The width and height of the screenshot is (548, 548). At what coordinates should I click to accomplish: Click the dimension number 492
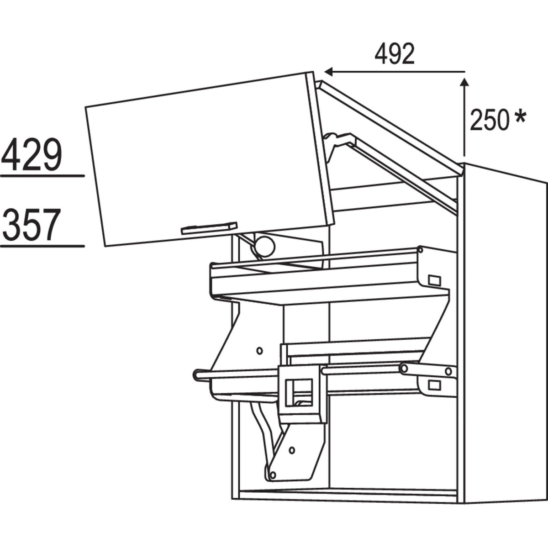pyautogui.click(x=395, y=55)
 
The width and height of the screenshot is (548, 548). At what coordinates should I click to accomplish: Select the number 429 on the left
pyautogui.click(x=31, y=155)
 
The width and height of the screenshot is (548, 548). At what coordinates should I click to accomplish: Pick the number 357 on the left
pyautogui.click(x=31, y=225)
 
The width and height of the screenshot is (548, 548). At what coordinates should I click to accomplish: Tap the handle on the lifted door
pyautogui.click(x=209, y=228)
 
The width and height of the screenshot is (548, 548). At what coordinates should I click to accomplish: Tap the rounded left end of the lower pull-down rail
pyautogui.click(x=198, y=375)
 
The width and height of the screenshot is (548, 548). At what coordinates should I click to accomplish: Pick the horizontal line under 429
pyautogui.click(x=42, y=175)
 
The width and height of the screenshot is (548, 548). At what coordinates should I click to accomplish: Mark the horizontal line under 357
pyautogui.click(x=42, y=246)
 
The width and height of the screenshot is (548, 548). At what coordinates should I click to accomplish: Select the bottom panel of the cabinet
pyautogui.click(x=347, y=494)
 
